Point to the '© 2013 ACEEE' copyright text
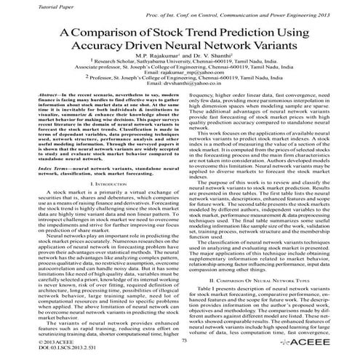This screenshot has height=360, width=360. click(25, 341)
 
